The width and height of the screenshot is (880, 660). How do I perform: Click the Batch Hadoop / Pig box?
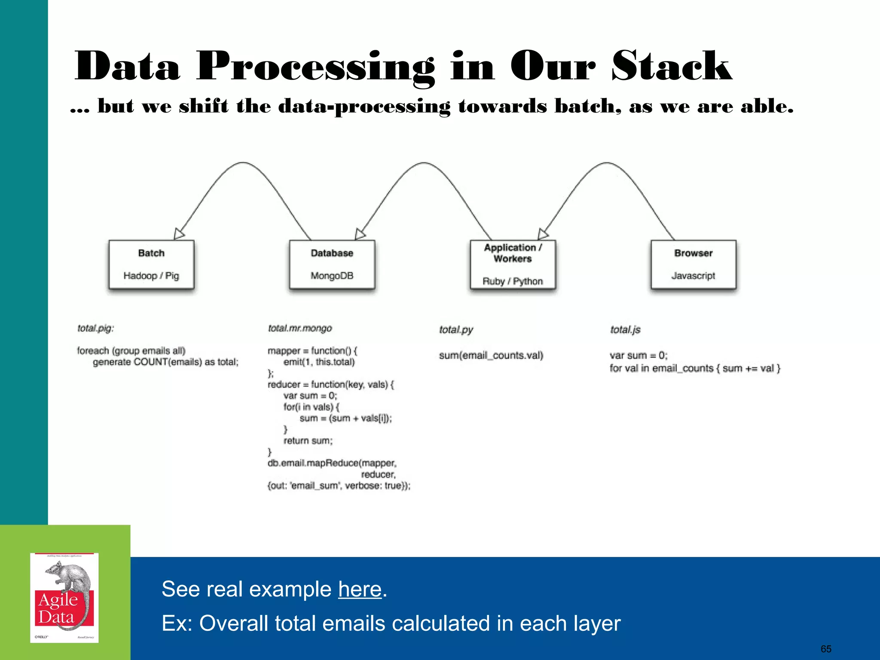coord(151,264)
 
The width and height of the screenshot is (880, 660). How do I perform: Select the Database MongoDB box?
coord(332,264)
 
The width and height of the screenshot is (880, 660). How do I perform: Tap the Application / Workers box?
coord(513,264)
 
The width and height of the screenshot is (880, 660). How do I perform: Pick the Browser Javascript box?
coord(693,264)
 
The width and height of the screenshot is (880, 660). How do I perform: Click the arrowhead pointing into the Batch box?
coord(179,234)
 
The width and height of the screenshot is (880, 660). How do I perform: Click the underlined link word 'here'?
coord(360,589)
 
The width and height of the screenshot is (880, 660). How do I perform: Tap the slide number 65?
coord(826,649)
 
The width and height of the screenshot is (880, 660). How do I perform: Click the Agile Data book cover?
coord(64,598)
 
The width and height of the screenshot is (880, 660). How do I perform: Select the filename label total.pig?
coord(95,328)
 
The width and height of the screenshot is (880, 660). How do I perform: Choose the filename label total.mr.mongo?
coord(300,328)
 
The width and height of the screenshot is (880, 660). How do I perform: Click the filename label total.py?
coord(456,330)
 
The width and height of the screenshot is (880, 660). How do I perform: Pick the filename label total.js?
coord(625,330)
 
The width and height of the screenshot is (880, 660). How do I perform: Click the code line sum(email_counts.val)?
coord(491,355)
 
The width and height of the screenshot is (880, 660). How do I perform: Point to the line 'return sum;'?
coord(308,440)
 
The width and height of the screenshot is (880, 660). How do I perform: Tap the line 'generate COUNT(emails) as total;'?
coord(165,362)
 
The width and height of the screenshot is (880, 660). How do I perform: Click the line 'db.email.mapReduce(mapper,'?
coord(332,463)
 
